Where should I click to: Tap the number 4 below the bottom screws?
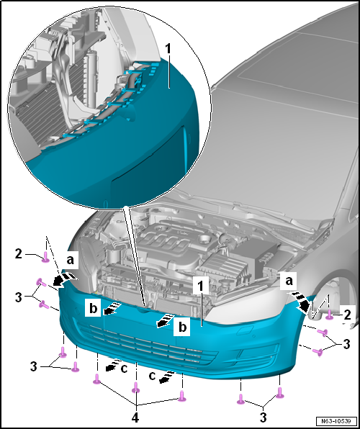click(136, 417)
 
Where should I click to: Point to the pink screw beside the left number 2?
click(45, 258)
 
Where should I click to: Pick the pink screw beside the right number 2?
click(330, 315)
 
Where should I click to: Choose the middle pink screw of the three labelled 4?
click(136, 387)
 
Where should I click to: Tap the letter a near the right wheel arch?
click(288, 281)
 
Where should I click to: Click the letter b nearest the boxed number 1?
click(182, 327)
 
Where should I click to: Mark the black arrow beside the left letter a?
click(64, 279)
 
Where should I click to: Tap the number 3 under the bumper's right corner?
click(263, 417)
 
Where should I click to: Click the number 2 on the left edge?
click(18, 254)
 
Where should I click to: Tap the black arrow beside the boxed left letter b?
click(112, 308)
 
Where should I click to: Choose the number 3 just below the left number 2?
click(18, 297)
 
